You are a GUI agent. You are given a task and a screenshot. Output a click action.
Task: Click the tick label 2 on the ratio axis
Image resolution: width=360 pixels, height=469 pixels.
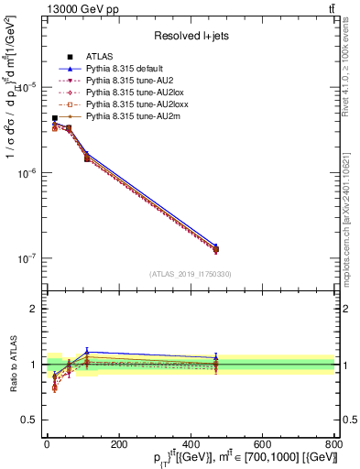[34, 309]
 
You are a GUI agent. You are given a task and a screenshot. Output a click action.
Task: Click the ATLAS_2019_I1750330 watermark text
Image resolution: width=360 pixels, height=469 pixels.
[190, 274]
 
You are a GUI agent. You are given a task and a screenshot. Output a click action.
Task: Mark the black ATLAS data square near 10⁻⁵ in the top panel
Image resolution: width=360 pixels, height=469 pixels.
[55, 118]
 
